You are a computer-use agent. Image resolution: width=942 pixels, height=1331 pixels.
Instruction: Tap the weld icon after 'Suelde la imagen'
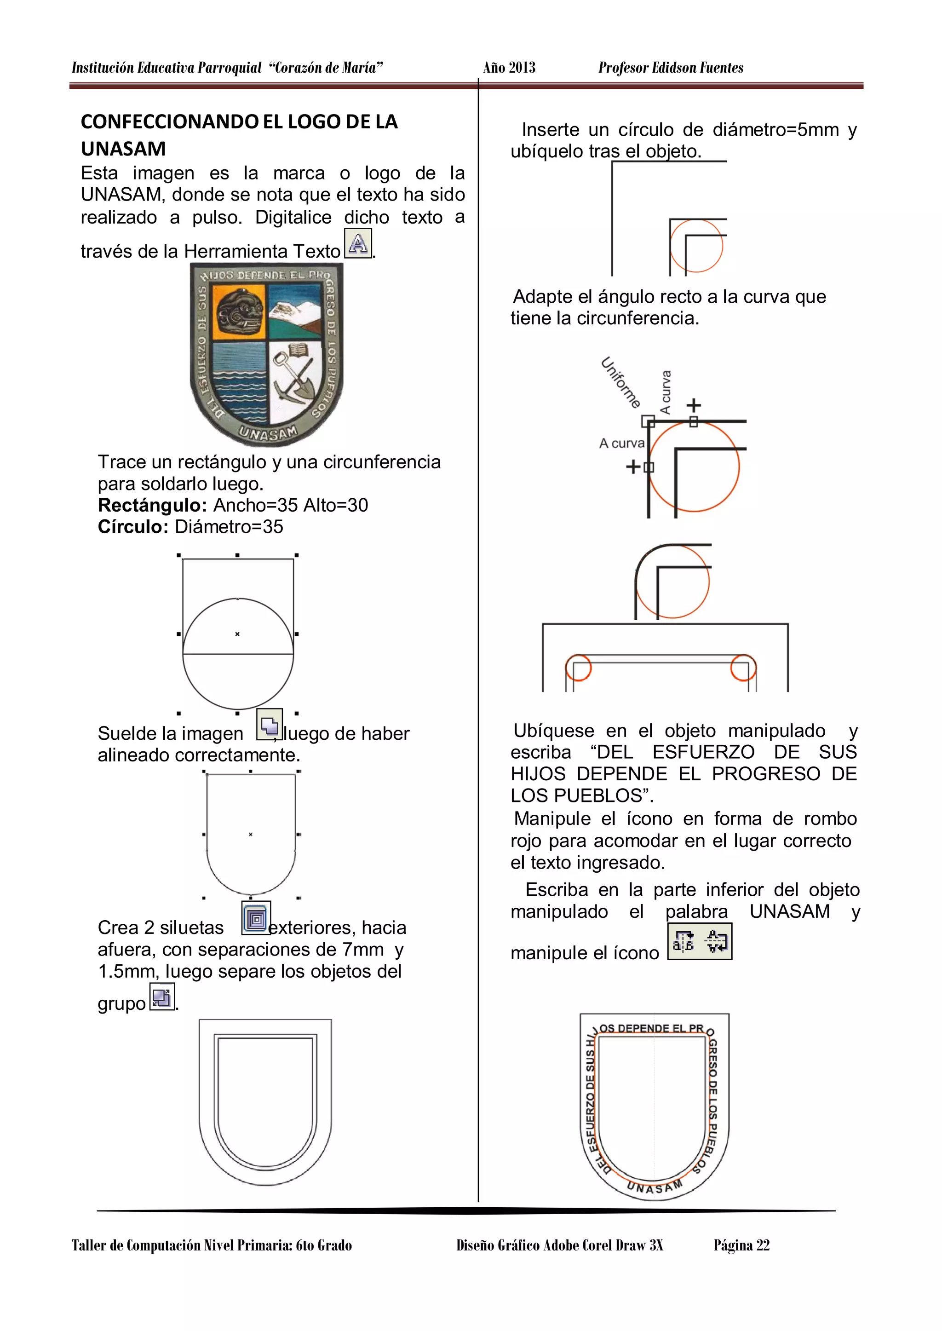(x=269, y=725)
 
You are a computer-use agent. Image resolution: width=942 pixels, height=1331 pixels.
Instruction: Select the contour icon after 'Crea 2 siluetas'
(x=256, y=918)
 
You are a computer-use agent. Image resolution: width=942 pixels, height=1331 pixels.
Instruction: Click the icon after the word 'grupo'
(x=162, y=998)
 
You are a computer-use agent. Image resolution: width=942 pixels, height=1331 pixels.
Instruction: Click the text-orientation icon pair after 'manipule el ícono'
(x=700, y=942)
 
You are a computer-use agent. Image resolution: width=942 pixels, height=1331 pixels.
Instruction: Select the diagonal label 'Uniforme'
(x=620, y=383)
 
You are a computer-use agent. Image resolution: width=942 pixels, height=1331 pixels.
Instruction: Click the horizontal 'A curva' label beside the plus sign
(x=621, y=443)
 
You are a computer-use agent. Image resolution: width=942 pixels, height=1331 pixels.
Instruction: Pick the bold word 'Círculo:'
(x=133, y=527)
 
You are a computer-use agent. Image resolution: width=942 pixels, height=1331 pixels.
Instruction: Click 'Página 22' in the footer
(x=741, y=1245)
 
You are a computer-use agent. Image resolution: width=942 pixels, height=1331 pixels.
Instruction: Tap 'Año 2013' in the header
(x=509, y=68)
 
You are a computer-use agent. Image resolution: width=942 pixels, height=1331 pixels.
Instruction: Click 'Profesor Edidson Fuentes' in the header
(x=671, y=68)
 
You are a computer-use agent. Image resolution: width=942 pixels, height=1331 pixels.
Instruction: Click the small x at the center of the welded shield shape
(x=251, y=834)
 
